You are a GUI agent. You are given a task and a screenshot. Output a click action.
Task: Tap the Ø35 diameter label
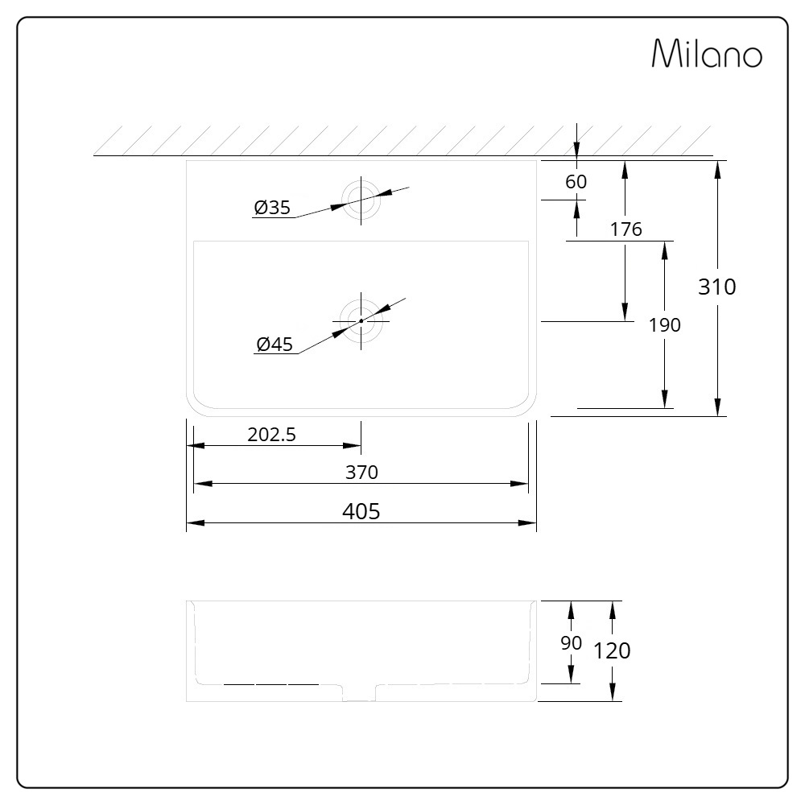pos(272,208)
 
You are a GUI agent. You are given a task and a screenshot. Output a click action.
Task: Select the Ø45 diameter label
pos(274,345)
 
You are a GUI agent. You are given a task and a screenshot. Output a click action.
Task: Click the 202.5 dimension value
pos(272,435)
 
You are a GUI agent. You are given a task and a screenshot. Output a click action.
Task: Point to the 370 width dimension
pos(361,473)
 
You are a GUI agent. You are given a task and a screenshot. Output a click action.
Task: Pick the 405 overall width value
pos(361,511)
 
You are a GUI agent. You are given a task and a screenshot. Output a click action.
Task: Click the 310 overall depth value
pos(716,287)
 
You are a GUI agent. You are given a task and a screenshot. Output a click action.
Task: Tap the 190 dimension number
pos(664,324)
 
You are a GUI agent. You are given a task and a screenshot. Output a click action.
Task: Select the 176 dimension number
pos(625,229)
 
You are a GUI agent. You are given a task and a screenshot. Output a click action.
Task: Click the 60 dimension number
pos(576,182)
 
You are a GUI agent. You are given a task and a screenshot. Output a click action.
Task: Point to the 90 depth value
pos(571,643)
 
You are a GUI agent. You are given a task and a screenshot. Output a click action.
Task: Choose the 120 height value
pos(613,650)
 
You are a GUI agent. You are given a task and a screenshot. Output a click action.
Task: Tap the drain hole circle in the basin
pos(361,320)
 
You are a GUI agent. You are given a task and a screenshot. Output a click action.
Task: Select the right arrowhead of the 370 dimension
pos(520,484)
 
